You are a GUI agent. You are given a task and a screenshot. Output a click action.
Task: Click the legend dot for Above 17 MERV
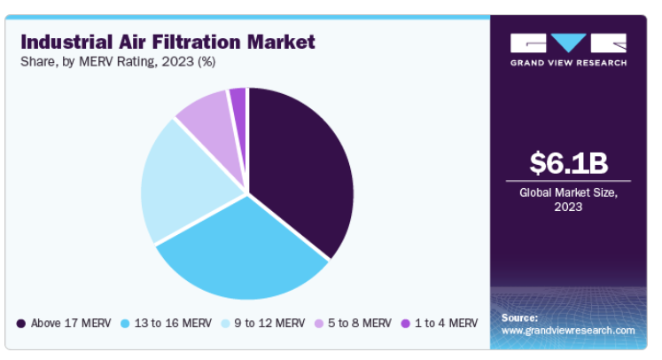[x=21, y=324]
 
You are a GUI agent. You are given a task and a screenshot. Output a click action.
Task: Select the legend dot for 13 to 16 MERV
[x=125, y=324]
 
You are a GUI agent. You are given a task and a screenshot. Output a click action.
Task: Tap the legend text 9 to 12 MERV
[x=269, y=324]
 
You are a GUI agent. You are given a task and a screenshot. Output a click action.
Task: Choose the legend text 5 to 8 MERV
[x=360, y=324]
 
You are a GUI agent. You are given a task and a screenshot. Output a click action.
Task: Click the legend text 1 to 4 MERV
[x=447, y=324]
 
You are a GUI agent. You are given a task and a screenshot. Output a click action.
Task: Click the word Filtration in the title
[x=197, y=43]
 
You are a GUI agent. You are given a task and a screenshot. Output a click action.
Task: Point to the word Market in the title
[x=281, y=43]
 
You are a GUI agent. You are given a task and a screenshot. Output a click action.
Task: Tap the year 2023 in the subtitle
[x=177, y=62]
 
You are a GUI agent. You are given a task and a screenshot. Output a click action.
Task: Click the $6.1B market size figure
[x=568, y=163]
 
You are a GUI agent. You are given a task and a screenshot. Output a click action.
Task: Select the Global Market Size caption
[x=568, y=200]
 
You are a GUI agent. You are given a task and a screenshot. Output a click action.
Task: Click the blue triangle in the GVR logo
[x=568, y=43]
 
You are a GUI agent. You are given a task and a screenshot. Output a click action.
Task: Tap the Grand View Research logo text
[x=568, y=63]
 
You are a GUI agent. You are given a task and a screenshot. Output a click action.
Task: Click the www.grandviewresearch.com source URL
[x=568, y=331]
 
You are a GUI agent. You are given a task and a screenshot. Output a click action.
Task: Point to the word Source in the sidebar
[x=519, y=317]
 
